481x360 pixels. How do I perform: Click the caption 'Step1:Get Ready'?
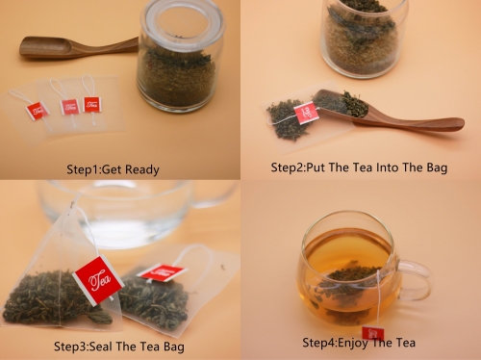(x=113, y=169)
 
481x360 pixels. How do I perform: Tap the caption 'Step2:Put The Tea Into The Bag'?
(x=359, y=167)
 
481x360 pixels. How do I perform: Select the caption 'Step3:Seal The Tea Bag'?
(x=119, y=347)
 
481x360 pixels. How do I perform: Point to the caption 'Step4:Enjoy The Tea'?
(x=359, y=343)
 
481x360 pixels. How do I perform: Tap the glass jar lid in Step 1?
(x=183, y=24)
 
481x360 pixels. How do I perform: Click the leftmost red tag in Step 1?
(x=38, y=111)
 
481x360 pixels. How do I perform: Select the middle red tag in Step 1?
(x=70, y=107)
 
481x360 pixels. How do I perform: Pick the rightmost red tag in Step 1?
(x=92, y=105)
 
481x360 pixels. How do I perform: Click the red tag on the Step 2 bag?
(x=307, y=113)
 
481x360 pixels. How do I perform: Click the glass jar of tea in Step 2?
(x=363, y=37)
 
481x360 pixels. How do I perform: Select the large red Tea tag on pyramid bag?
(x=98, y=280)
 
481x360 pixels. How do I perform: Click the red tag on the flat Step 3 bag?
(x=161, y=272)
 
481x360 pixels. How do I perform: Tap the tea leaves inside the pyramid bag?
(x=56, y=298)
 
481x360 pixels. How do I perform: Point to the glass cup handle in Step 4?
(x=417, y=280)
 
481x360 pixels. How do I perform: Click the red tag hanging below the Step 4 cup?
(x=373, y=334)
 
